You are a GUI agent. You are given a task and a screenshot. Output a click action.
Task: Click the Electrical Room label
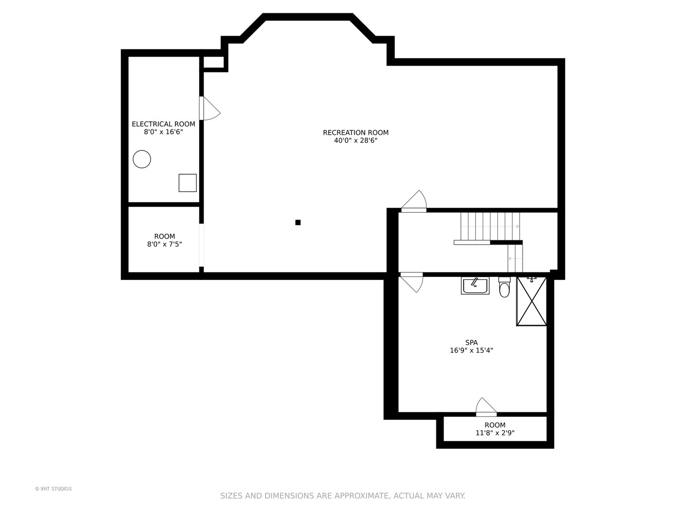pyautogui.click(x=163, y=124)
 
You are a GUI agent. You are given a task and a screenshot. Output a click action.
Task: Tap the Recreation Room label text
pyautogui.click(x=355, y=133)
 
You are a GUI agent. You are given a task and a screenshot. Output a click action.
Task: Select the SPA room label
pyautogui.click(x=471, y=342)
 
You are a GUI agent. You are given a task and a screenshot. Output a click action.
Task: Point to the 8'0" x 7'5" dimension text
pyautogui.click(x=164, y=244)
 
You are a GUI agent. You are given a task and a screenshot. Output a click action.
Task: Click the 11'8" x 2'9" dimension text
pyautogui.click(x=495, y=433)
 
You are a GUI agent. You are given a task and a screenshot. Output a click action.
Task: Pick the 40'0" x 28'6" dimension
pyautogui.click(x=355, y=141)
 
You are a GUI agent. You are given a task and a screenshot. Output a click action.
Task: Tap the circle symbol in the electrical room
pyautogui.click(x=141, y=159)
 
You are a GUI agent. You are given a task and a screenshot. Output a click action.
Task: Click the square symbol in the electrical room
pyautogui.click(x=187, y=183)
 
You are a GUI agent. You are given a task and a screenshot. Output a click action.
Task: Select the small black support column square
pyautogui.click(x=298, y=222)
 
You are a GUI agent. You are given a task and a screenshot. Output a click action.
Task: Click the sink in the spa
pyautogui.click(x=475, y=286)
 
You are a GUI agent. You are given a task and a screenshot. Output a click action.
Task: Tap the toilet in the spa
pyautogui.click(x=504, y=287)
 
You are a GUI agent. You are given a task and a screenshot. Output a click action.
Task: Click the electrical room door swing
pyautogui.click(x=210, y=109)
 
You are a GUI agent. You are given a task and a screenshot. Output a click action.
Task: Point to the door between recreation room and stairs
pyautogui.click(x=414, y=202)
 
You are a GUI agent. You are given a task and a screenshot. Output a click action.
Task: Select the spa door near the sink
pyautogui.click(x=412, y=282)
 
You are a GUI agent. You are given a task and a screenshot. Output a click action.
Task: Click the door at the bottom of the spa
pyautogui.click(x=486, y=407)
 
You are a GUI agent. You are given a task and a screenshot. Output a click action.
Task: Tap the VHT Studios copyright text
pyautogui.click(x=53, y=489)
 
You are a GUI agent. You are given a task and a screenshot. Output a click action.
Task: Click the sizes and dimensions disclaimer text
pyautogui.click(x=343, y=496)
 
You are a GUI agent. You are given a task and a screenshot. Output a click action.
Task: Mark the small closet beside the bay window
pyautogui.click(x=213, y=62)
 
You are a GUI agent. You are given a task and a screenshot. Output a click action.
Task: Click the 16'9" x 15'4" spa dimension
pyautogui.click(x=471, y=350)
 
